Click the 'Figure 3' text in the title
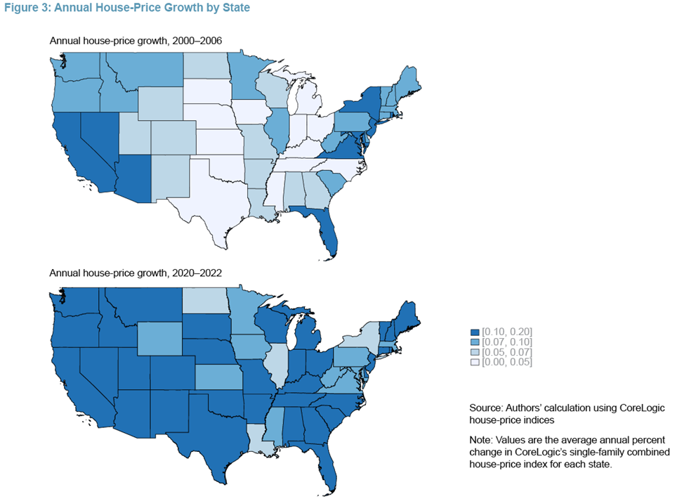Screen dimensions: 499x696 coord(27,8)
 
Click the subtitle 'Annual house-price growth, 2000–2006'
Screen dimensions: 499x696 coord(136,41)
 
